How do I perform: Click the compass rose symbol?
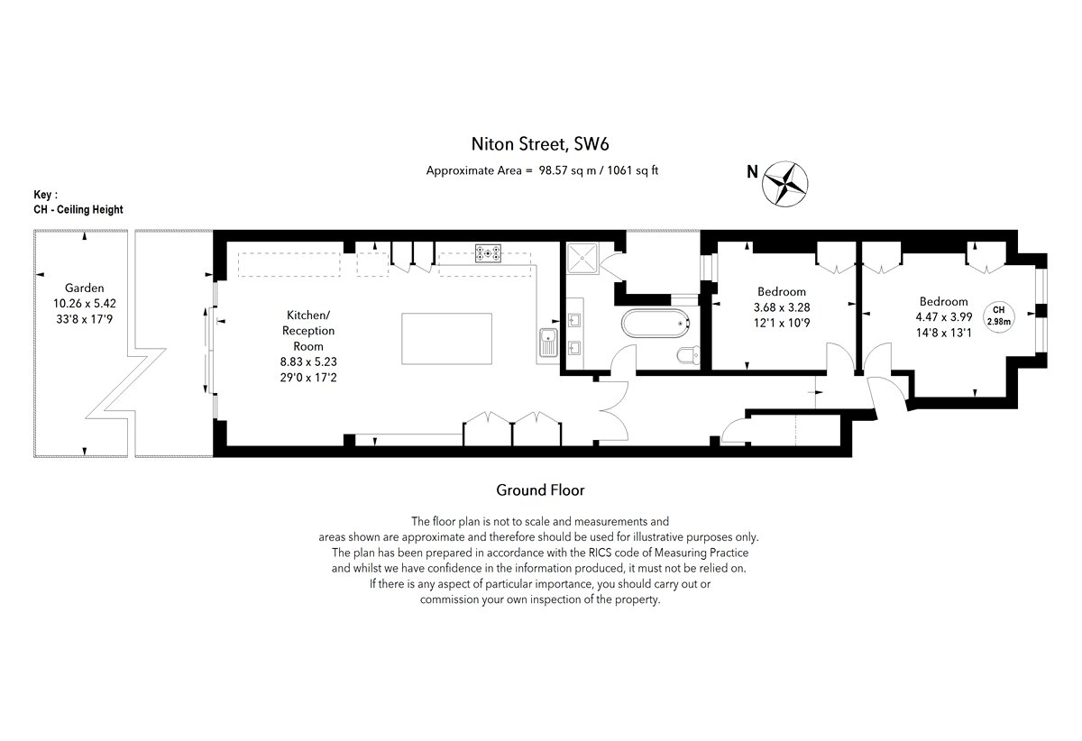(x=785, y=184)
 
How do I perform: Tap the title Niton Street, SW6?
(x=540, y=144)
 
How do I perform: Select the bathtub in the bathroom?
(x=656, y=323)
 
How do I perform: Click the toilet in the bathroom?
(x=688, y=355)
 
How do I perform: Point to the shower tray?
(x=582, y=258)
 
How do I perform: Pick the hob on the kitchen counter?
(x=488, y=253)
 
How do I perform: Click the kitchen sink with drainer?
(x=548, y=342)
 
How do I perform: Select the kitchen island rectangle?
(x=447, y=339)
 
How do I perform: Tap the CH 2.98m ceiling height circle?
(x=999, y=316)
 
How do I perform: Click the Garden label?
(x=85, y=288)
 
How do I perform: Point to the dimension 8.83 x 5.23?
(x=308, y=361)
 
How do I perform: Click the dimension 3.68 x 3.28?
(x=782, y=307)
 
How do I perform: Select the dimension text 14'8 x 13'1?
(x=944, y=333)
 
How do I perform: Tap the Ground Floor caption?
(x=540, y=490)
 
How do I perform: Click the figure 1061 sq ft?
(x=633, y=170)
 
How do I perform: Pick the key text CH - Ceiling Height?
(x=78, y=210)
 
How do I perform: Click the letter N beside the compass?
(x=752, y=171)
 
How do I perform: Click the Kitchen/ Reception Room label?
(x=308, y=331)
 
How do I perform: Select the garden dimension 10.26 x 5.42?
(x=85, y=304)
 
